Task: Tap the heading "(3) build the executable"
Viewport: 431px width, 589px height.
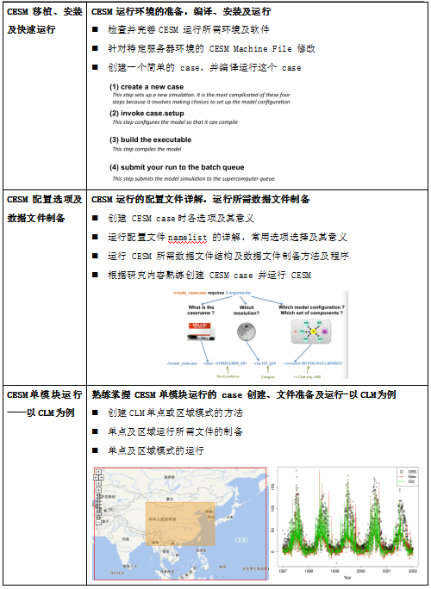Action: (150, 139)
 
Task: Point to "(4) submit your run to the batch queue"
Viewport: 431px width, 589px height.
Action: (177, 167)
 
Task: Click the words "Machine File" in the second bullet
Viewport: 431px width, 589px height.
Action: (261, 49)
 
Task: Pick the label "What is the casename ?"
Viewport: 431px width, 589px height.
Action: (202, 310)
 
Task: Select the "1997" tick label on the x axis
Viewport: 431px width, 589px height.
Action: (284, 571)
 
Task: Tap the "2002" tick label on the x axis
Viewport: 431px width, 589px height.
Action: (413, 571)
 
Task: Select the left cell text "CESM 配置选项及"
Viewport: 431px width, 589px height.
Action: (44, 200)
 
